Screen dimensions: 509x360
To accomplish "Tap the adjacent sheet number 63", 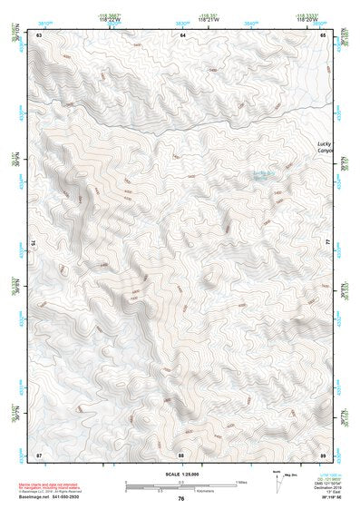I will point(40,34).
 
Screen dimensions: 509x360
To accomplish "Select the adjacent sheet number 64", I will point(182,34).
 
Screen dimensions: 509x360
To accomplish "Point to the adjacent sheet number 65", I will point(324,34).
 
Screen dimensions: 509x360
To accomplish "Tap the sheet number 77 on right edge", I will point(328,243).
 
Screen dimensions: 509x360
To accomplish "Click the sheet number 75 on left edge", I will point(34,243).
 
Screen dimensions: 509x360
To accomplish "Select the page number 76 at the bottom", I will point(181,499).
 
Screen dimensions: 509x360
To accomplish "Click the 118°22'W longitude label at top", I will point(110,19).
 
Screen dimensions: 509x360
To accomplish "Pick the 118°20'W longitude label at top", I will point(306,19).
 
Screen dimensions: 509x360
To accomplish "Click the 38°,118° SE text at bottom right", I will point(326,498).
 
